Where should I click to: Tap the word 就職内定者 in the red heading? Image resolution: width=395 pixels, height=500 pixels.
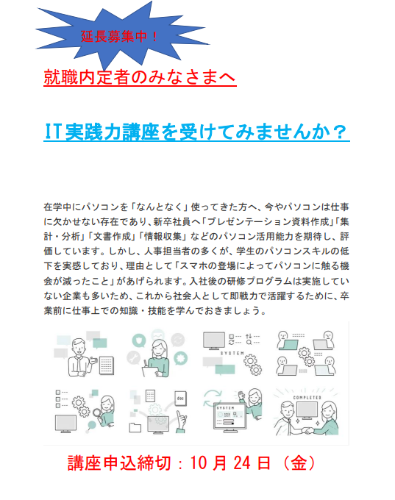87,77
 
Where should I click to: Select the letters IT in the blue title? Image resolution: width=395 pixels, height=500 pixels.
52,132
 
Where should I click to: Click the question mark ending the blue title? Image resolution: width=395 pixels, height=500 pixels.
340,132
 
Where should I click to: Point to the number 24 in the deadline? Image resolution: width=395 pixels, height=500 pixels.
242,463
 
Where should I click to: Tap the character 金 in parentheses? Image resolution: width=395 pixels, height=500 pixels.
299,463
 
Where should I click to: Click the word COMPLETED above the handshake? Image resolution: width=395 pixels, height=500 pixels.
307,398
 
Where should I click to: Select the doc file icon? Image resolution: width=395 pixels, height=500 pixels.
180,399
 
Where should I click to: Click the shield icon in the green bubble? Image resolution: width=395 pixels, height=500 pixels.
139,341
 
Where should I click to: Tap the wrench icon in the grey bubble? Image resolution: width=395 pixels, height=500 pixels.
133,358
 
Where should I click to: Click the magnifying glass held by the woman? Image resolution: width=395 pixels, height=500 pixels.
96,413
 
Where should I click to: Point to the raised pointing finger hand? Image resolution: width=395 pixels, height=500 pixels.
181,421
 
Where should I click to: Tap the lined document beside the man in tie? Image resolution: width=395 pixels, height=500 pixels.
106,365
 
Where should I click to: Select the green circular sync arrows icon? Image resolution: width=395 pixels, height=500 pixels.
212,399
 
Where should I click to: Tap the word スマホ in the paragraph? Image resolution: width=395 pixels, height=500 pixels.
195,266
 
